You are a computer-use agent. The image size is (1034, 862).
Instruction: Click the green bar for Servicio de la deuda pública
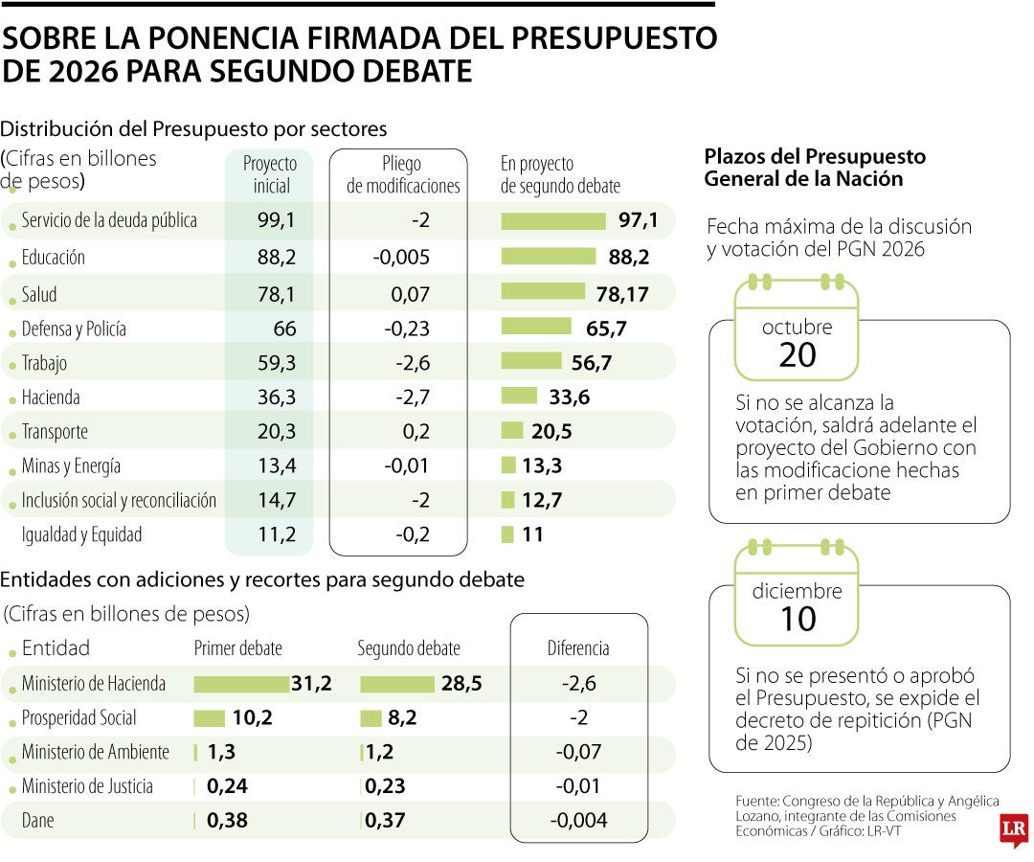[x=553, y=221]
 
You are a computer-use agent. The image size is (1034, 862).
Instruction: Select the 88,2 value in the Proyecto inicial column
[x=277, y=258]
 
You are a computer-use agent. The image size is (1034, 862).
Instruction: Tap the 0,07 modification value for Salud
[x=410, y=294]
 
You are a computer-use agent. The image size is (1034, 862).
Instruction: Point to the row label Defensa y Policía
[x=74, y=329]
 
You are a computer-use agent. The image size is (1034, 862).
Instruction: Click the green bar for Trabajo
[x=531, y=361]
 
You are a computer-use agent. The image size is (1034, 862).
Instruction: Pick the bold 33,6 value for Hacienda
[x=569, y=397]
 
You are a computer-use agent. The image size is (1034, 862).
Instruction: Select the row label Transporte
[x=55, y=432]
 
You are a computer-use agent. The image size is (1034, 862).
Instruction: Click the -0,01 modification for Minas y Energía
[x=407, y=466]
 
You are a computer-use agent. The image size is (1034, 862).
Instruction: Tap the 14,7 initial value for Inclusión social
[x=277, y=500]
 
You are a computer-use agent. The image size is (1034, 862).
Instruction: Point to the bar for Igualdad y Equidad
[x=507, y=534]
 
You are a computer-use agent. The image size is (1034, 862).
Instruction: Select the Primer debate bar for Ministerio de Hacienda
[x=241, y=684]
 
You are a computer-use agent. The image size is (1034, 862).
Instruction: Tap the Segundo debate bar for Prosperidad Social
[x=371, y=718]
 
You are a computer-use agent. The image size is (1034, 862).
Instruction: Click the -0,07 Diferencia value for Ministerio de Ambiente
[x=578, y=753]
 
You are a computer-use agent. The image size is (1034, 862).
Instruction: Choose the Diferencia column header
[x=578, y=648]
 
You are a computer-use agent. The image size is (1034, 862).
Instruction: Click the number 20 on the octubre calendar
[x=797, y=354]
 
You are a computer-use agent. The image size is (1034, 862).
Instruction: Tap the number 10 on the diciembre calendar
[x=798, y=619]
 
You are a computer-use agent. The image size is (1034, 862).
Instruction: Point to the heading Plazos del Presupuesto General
[x=815, y=168]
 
